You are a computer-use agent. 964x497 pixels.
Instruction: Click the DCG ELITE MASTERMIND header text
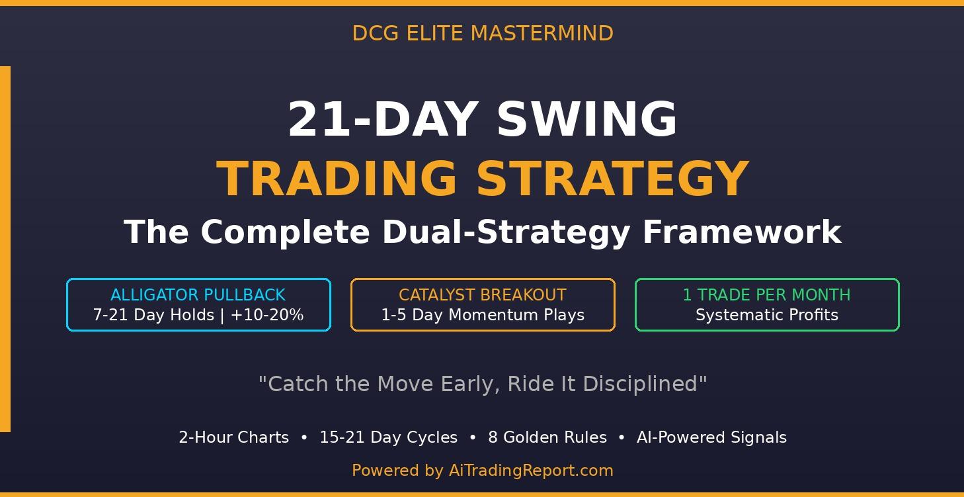pyautogui.click(x=482, y=33)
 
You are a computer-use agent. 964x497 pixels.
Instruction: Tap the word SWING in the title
pyautogui.click(x=586, y=120)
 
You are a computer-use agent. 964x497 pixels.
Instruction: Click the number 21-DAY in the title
pyautogui.click(x=383, y=120)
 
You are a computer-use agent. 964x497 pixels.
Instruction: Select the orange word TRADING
pyautogui.click(x=337, y=179)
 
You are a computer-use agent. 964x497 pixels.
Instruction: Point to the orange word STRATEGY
pyautogui.click(x=612, y=179)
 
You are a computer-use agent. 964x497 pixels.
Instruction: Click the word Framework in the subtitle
pyautogui.click(x=741, y=232)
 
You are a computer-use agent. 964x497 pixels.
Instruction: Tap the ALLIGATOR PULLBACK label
pyautogui.click(x=198, y=295)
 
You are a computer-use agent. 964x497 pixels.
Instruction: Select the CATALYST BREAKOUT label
pyautogui.click(x=482, y=295)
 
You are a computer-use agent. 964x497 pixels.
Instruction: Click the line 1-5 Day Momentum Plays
pyautogui.click(x=482, y=315)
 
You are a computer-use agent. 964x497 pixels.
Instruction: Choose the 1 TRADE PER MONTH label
pyautogui.click(x=766, y=295)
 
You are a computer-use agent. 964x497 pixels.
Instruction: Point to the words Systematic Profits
pyautogui.click(x=766, y=315)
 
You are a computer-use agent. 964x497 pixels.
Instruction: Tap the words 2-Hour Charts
pyautogui.click(x=233, y=437)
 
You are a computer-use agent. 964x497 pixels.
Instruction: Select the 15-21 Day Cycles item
pyautogui.click(x=388, y=437)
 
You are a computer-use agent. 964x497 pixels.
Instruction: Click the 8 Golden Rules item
pyautogui.click(x=547, y=437)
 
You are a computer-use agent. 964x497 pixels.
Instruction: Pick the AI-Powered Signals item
pyautogui.click(x=711, y=437)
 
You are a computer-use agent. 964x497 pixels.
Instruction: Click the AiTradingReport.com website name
pyautogui.click(x=531, y=471)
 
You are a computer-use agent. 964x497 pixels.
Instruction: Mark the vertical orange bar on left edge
pyautogui.click(x=5, y=249)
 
